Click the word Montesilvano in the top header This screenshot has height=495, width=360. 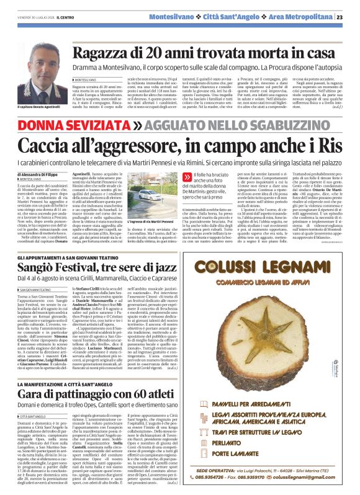click(x=178, y=17)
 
